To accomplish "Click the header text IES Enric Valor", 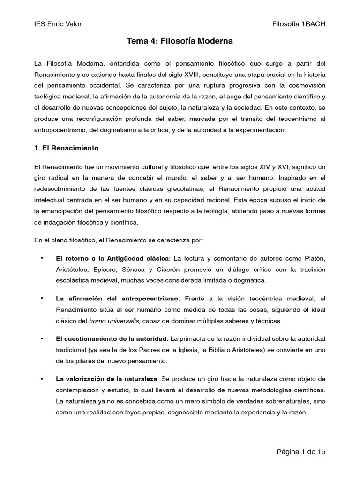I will [x=58, y=24].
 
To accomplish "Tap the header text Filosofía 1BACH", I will [x=299, y=24].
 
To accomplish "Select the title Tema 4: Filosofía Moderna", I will [x=180, y=42].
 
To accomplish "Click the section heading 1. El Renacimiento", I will [x=67, y=148].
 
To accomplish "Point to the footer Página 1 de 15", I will [x=300, y=452].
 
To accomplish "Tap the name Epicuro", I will [x=103, y=270].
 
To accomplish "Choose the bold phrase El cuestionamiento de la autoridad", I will [x=111, y=338].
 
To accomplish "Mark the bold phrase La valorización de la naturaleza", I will [x=107, y=379].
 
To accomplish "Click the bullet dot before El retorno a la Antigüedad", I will [x=42, y=258].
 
